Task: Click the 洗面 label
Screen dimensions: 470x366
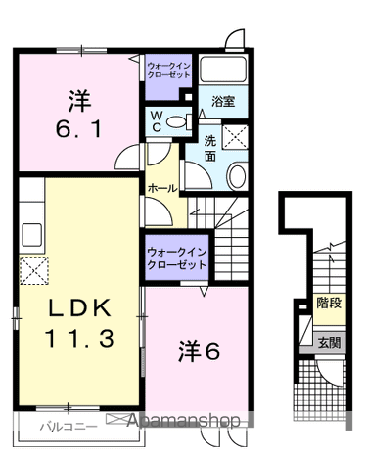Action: click(x=210, y=148)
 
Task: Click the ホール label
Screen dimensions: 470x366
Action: click(x=162, y=187)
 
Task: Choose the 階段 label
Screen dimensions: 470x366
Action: click(x=329, y=303)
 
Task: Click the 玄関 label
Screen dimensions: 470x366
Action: click(x=329, y=343)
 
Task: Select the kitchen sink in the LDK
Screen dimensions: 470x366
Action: click(x=30, y=235)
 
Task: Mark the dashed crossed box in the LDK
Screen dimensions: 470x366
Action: click(x=34, y=267)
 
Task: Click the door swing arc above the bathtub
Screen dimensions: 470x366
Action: click(x=234, y=39)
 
